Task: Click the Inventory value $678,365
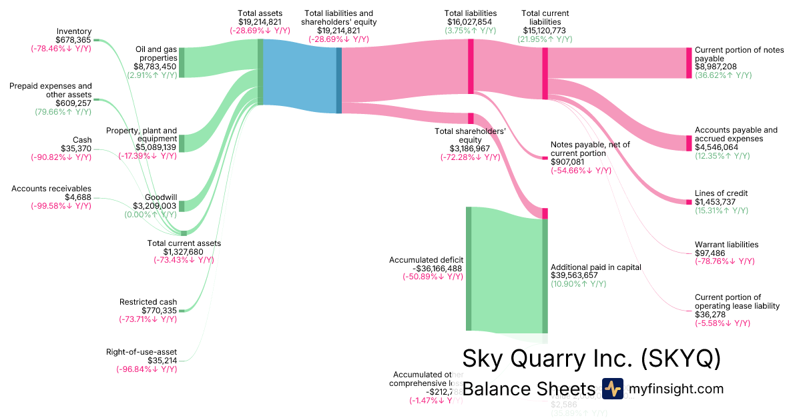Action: point(74,40)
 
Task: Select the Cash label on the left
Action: point(81,140)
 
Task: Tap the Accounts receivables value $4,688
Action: point(78,197)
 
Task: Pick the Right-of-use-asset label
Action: point(142,352)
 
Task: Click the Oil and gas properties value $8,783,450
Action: point(155,67)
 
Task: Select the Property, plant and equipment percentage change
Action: point(148,156)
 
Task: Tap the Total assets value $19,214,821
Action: point(260,22)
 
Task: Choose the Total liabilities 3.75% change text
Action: point(471,31)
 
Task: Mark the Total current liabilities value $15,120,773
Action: point(545,31)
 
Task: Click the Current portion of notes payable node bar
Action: point(689,63)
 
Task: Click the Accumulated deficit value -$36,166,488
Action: point(427,268)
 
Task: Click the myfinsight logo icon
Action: point(612,389)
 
